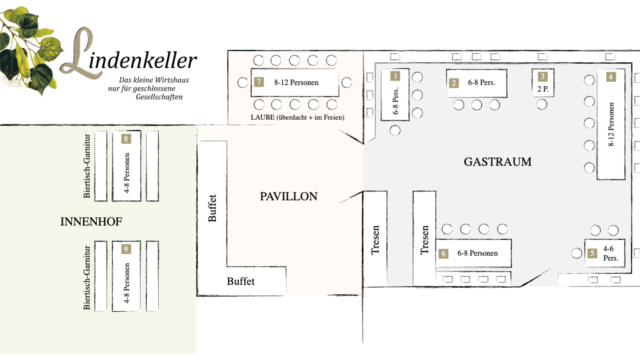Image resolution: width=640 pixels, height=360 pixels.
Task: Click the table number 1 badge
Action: click(x=395, y=76)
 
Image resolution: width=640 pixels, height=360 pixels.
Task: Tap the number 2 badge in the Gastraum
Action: click(x=454, y=83)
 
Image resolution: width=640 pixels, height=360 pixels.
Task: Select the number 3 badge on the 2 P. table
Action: click(x=543, y=77)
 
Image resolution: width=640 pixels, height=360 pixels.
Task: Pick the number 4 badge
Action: click(x=611, y=77)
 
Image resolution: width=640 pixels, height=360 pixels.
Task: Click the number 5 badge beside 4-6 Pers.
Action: click(x=592, y=253)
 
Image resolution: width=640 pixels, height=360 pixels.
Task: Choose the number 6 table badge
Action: click(x=443, y=254)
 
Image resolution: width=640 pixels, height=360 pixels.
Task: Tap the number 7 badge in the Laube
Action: click(x=259, y=82)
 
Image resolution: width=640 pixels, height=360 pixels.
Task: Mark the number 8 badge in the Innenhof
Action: click(x=126, y=139)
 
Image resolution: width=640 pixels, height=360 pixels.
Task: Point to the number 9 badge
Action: click(x=126, y=249)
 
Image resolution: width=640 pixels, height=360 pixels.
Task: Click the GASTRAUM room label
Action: click(x=498, y=162)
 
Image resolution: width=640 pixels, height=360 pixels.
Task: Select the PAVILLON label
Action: click(x=289, y=197)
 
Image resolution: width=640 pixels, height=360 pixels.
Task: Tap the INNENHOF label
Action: click(x=91, y=222)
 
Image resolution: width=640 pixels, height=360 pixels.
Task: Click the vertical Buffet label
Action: click(x=212, y=208)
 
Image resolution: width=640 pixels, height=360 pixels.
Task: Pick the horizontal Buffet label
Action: click(x=241, y=281)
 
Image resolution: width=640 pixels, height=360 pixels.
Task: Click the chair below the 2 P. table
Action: click(x=542, y=105)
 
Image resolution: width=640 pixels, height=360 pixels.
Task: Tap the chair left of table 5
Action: click(x=577, y=253)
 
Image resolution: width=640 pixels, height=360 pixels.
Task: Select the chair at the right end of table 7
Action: click(x=347, y=83)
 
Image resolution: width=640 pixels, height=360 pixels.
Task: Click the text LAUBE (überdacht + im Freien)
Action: click(x=297, y=117)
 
